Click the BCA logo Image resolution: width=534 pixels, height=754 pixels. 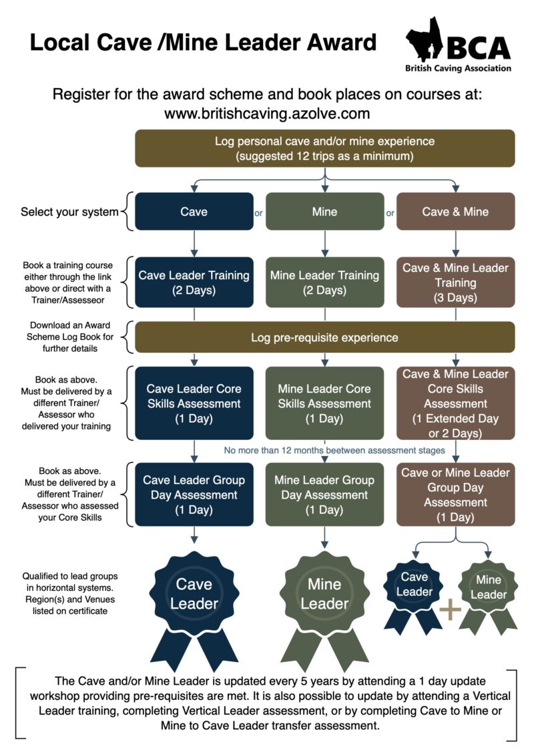[x=458, y=46]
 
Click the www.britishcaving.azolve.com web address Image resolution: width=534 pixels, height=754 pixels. [x=267, y=113]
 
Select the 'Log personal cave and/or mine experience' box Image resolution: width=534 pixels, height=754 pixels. [x=324, y=148]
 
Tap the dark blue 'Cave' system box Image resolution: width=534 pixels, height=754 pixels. [x=194, y=211]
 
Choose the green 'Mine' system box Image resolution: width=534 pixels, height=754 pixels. [x=324, y=211]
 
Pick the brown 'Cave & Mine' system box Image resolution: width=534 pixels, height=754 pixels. [x=455, y=211]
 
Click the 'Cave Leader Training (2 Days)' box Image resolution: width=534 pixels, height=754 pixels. [x=194, y=282]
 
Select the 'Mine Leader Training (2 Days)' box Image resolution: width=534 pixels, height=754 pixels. [x=324, y=282]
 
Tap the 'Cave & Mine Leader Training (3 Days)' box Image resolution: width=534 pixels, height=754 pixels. [x=455, y=282]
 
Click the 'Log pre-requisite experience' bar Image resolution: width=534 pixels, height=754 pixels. [x=324, y=337]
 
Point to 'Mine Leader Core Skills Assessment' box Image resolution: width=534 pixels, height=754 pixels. [x=324, y=403]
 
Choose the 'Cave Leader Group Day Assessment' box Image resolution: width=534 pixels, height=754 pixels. [x=194, y=494]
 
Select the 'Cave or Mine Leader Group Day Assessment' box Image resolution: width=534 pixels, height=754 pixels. [x=455, y=494]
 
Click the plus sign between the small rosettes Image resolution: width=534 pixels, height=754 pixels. [x=451, y=610]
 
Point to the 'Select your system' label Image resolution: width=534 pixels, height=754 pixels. [x=69, y=212]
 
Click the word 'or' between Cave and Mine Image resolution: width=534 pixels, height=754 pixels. [x=258, y=213]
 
